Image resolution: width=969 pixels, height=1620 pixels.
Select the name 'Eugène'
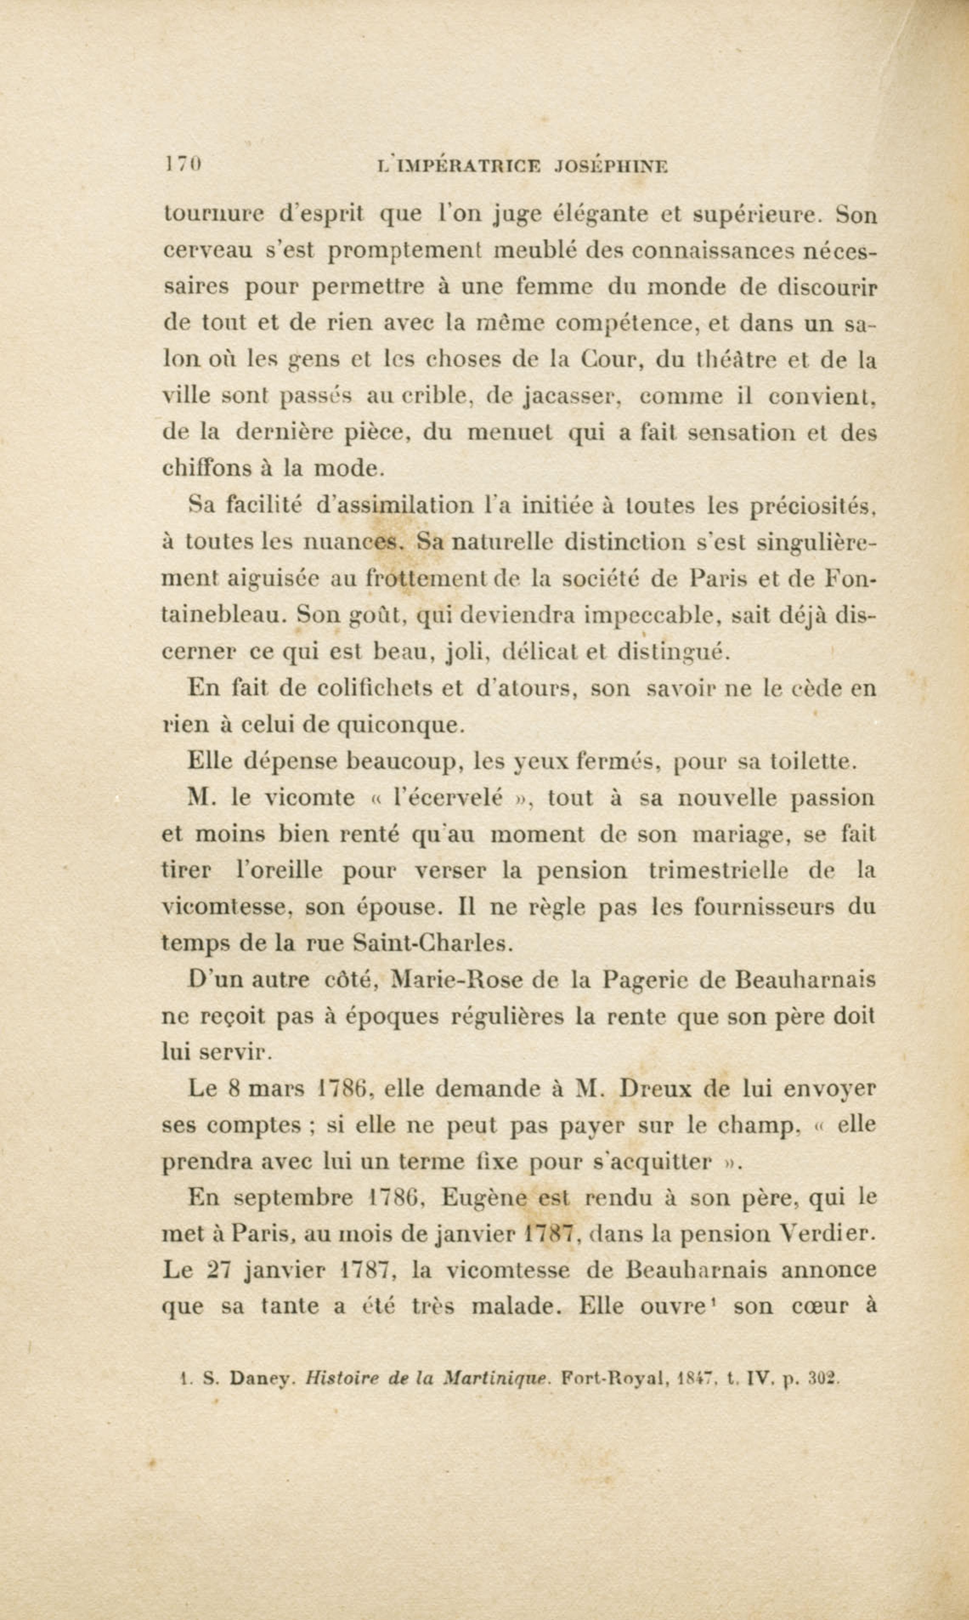(484, 1197)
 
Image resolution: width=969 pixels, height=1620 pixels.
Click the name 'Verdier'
(826, 1234)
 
